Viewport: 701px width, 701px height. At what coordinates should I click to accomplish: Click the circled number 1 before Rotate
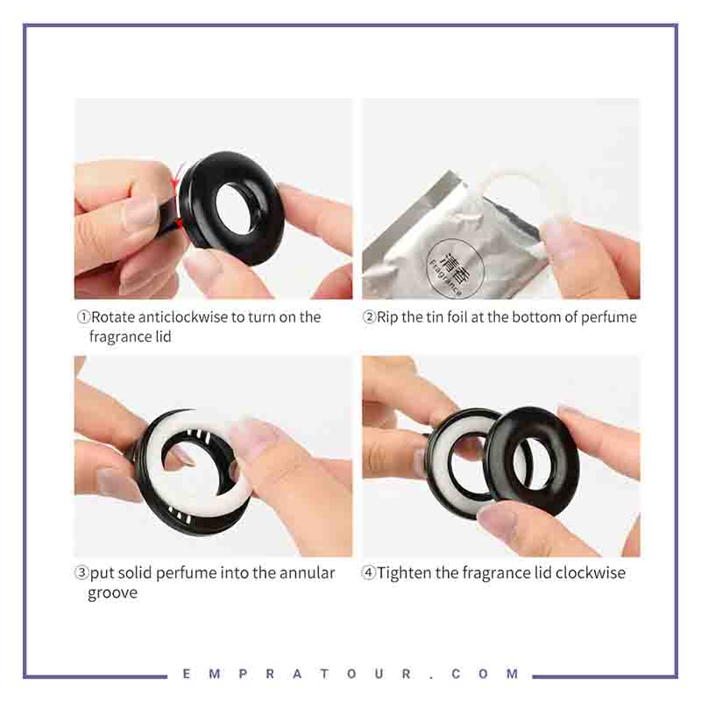83,317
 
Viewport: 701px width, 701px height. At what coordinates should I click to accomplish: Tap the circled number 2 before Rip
369,317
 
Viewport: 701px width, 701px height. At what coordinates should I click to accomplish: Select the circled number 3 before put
81,573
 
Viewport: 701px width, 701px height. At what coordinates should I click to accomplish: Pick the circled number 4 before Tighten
368,573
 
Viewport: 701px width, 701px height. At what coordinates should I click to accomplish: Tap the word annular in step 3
307,573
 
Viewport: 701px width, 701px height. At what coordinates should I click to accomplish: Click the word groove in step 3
113,594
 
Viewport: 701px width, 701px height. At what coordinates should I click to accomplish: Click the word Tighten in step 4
405,574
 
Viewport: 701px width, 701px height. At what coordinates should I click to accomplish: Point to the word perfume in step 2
608,318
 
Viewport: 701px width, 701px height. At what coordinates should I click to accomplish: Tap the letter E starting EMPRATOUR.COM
187,674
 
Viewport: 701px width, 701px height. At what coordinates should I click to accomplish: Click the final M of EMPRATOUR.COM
513,674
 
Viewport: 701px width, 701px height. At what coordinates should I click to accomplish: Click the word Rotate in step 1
113,317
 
